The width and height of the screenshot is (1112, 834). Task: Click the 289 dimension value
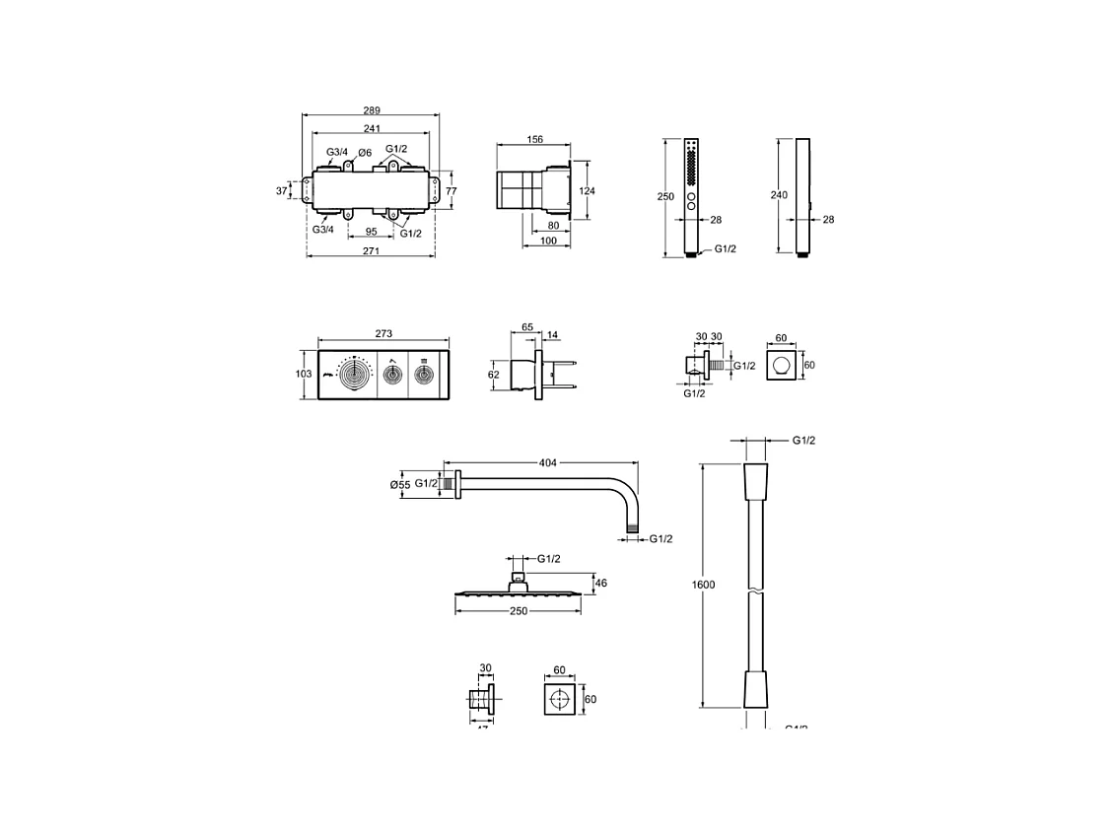[371, 111]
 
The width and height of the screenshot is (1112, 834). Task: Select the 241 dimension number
[371, 128]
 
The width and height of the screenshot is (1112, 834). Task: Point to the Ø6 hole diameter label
[364, 153]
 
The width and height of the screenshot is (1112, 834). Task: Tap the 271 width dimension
[371, 252]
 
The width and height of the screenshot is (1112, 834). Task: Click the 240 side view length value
[778, 196]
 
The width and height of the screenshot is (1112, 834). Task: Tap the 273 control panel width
[384, 334]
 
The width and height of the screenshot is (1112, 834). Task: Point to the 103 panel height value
[304, 375]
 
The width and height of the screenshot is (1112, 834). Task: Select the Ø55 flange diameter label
[399, 484]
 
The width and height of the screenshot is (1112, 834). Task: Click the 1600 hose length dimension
[702, 585]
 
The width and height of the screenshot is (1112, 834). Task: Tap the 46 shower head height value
[600, 584]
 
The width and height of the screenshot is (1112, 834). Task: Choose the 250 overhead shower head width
[519, 611]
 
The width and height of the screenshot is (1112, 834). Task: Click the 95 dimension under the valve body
[373, 232]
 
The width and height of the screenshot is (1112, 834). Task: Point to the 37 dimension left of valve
[281, 190]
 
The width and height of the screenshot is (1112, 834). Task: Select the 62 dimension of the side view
[493, 375]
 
